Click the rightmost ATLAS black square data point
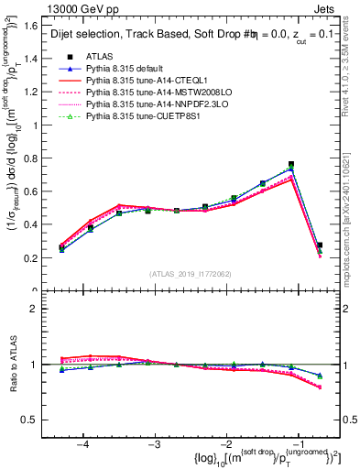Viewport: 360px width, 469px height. (319, 245)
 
